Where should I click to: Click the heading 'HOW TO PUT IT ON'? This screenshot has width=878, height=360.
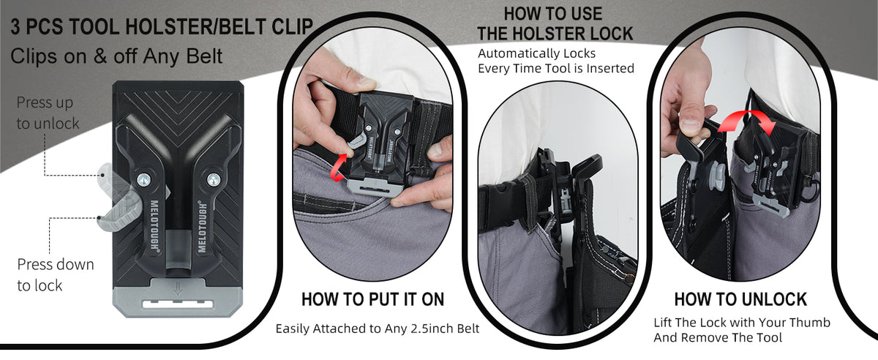[x=372, y=299]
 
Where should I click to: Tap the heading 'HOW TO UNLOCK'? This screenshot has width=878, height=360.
[x=740, y=299]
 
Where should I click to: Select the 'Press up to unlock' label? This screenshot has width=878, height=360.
[x=48, y=113]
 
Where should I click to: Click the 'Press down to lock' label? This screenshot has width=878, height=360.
[x=56, y=275]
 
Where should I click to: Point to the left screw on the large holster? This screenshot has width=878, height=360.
[x=144, y=180]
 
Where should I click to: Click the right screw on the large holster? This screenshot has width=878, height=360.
[x=213, y=180]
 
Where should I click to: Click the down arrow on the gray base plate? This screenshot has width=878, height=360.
[x=178, y=288]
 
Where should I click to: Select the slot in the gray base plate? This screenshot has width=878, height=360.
[x=178, y=304]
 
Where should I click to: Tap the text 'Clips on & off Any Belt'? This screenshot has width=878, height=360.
[x=116, y=56]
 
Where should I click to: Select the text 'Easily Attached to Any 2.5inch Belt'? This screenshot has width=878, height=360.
[x=378, y=329]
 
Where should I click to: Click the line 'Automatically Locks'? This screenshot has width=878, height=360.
[x=536, y=53]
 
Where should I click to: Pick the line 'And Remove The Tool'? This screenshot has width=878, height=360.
[x=718, y=337]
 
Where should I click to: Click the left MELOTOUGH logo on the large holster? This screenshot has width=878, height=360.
[x=155, y=225]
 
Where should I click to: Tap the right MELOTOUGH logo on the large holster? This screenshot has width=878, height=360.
[x=201, y=226]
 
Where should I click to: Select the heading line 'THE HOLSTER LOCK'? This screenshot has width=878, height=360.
[x=555, y=34]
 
